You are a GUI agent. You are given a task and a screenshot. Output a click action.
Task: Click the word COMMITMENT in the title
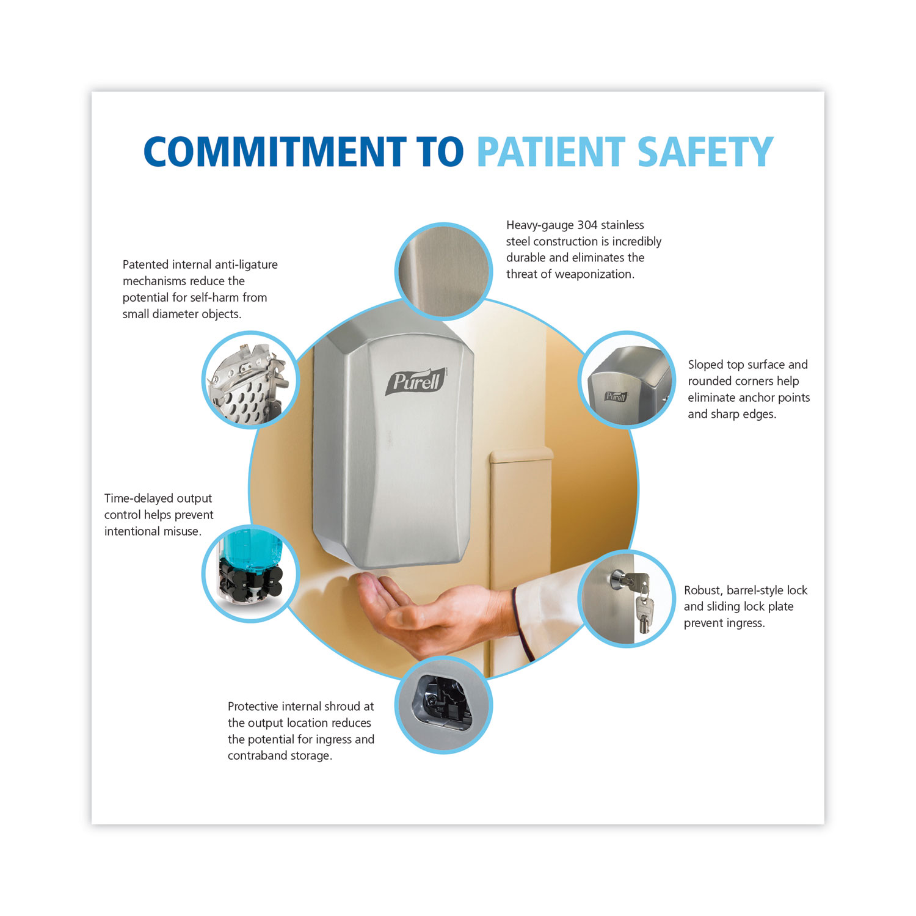click(275, 152)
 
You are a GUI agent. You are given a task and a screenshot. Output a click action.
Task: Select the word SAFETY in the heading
click(705, 152)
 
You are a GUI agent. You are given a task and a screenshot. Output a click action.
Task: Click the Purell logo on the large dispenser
click(416, 382)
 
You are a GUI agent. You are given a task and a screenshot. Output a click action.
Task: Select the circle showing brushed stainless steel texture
click(443, 271)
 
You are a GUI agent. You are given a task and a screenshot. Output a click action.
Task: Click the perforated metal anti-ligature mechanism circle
click(250, 380)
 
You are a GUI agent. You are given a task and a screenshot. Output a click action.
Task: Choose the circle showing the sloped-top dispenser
click(627, 380)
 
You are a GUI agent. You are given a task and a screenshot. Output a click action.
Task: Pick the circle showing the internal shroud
click(443, 705)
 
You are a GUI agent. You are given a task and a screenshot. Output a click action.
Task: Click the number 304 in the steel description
click(587, 225)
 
